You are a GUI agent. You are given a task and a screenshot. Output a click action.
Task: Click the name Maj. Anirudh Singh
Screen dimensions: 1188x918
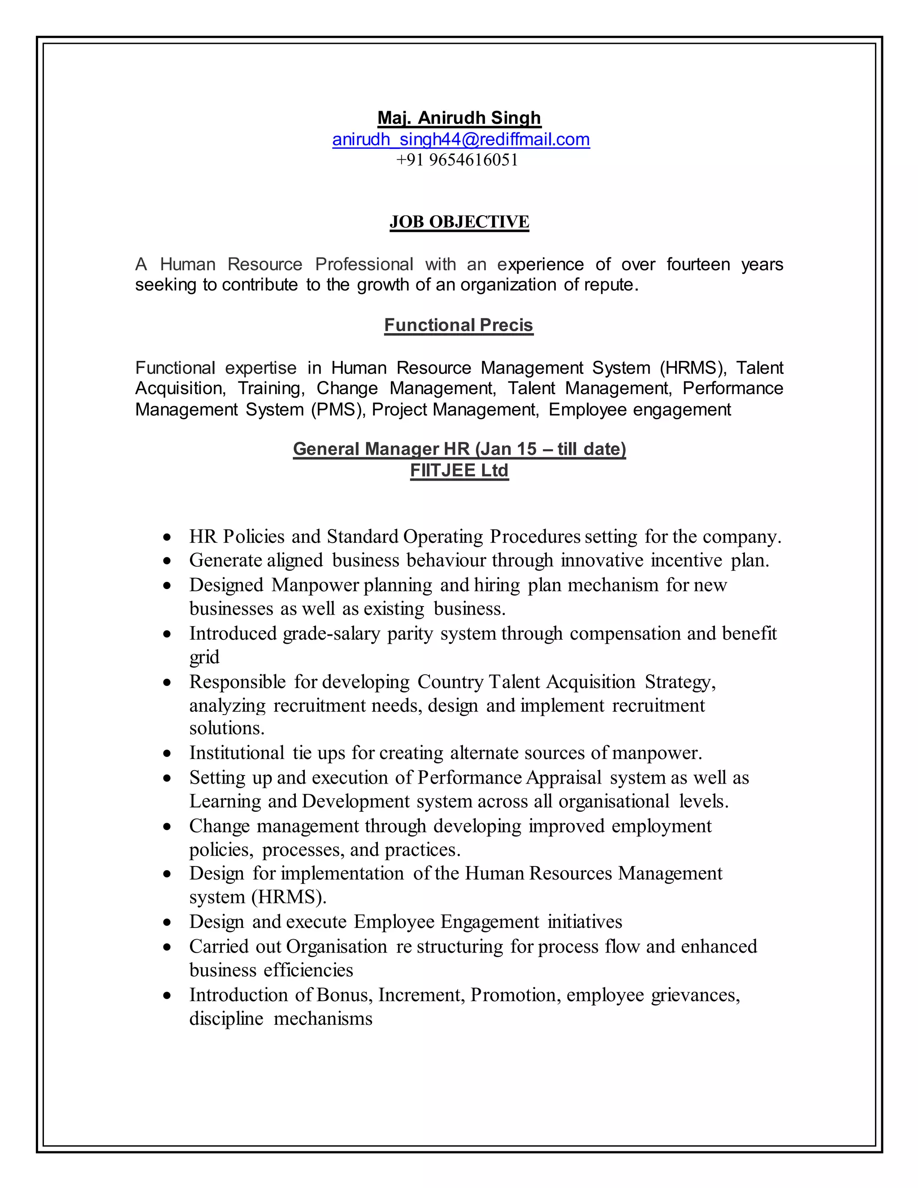point(459,117)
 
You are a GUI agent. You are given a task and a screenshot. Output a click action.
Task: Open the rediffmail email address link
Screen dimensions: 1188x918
point(461,139)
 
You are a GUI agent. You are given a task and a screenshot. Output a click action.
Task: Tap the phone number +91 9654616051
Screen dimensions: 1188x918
point(457,160)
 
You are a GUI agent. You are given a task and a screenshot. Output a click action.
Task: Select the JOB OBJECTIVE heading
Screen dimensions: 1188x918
point(459,222)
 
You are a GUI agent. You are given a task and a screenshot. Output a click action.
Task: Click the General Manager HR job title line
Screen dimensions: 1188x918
point(459,449)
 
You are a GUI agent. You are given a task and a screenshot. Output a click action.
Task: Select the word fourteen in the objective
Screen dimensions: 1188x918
point(698,264)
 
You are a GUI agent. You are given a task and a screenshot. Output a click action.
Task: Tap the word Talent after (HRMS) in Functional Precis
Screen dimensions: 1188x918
point(759,368)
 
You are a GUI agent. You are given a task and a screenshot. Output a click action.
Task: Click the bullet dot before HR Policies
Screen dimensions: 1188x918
point(168,538)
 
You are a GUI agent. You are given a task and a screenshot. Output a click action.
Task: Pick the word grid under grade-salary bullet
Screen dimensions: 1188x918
point(204,657)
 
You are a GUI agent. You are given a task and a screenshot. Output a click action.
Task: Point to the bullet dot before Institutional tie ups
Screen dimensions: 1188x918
point(168,754)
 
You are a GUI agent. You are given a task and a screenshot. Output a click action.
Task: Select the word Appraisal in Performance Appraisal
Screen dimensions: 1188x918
point(564,778)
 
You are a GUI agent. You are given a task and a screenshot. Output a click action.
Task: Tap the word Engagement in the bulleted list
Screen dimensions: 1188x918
point(490,922)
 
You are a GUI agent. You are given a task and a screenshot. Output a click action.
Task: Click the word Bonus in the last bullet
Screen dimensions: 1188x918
point(344,995)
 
